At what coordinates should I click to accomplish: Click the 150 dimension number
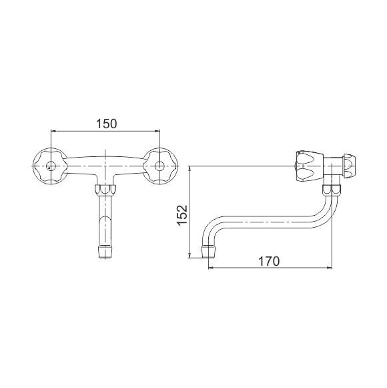coord(106,124)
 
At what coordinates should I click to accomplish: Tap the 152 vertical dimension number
coord(182,215)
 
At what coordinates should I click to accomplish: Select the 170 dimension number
coord(269,261)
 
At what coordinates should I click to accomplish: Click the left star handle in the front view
coord(51,166)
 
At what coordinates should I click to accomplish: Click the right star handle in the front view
coord(159,166)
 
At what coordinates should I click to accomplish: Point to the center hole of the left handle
coord(51,166)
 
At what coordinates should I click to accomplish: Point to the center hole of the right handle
coord(159,166)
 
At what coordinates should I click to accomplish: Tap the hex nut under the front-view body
coord(105,190)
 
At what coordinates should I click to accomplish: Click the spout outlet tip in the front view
coord(105,252)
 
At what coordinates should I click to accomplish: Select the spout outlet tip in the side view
coord(209,252)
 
